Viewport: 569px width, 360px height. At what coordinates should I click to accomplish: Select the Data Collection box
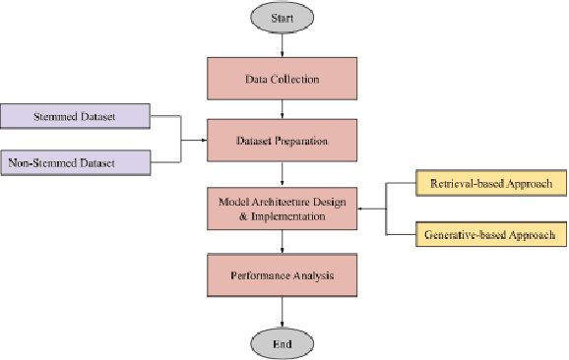[284, 79]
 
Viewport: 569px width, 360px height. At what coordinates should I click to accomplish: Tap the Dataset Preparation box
[284, 141]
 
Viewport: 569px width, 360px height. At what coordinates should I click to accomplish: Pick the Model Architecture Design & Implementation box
[284, 208]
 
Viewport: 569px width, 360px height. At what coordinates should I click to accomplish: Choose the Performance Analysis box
[284, 275]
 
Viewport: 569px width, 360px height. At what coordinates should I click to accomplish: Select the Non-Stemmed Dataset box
[75, 161]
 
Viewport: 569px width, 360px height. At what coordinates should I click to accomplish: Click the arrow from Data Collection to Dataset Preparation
[284, 109]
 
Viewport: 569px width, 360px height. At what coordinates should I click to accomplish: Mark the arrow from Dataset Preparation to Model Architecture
[284, 173]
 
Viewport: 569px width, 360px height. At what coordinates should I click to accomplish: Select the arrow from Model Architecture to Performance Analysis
[284, 243]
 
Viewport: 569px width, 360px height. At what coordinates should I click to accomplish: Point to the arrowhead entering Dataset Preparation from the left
[202, 141]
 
